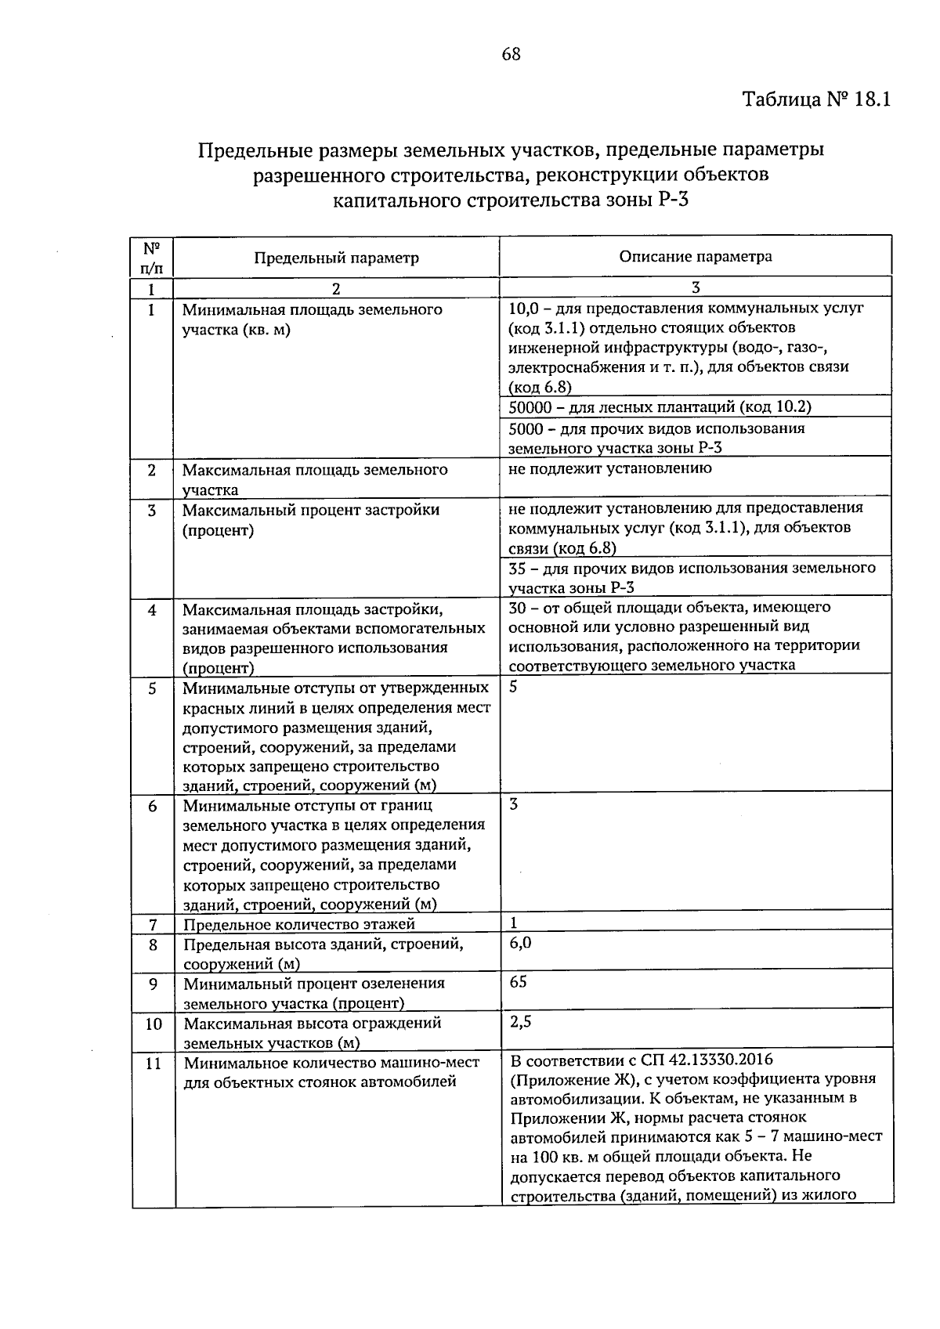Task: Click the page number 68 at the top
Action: (x=511, y=54)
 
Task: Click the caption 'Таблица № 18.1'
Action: (x=816, y=100)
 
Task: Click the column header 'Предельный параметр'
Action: (x=336, y=258)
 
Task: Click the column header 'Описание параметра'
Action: (x=695, y=256)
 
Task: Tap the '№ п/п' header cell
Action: (x=152, y=258)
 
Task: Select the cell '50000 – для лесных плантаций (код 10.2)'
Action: (x=660, y=406)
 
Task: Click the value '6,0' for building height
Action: (x=520, y=943)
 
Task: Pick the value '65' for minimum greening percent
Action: (x=518, y=982)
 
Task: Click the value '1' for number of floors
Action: (x=514, y=923)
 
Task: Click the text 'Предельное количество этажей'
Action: (x=298, y=924)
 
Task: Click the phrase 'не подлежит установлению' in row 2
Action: (x=609, y=468)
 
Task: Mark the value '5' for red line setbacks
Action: (x=513, y=687)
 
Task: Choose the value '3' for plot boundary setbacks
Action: (x=513, y=804)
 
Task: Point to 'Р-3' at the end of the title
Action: (x=673, y=199)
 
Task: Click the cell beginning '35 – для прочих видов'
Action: (x=692, y=577)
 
